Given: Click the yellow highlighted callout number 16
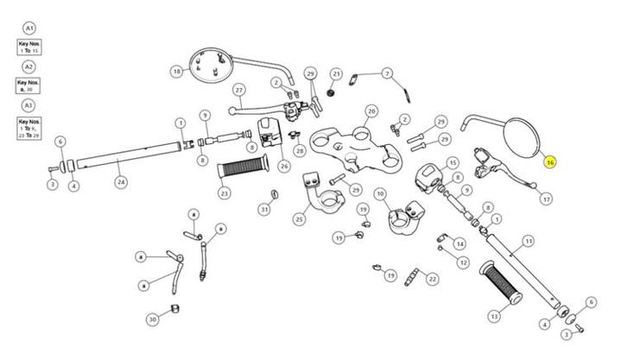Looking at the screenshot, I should click(x=550, y=161).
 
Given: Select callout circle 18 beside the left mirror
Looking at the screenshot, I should click(x=178, y=72).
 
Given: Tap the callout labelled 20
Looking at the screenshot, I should click(x=371, y=111).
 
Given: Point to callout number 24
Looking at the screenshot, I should click(x=121, y=182).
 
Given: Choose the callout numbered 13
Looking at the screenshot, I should click(x=494, y=316).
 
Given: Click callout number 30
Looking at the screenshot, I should click(x=153, y=319).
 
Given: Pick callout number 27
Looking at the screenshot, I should click(x=239, y=89).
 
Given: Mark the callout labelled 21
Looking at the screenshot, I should click(x=337, y=74).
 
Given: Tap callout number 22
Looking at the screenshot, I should click(x=433, y=279).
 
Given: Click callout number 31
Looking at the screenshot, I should click(x=264, y=209).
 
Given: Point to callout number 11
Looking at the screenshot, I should click(x=529, y=241).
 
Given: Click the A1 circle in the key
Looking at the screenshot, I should click(x=29, y=28).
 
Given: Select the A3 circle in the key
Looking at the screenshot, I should click(x=29, y=105).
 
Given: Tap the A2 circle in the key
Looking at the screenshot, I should click(x=29, y=66).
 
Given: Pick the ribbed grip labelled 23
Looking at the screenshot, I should click(x=251, y=166).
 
